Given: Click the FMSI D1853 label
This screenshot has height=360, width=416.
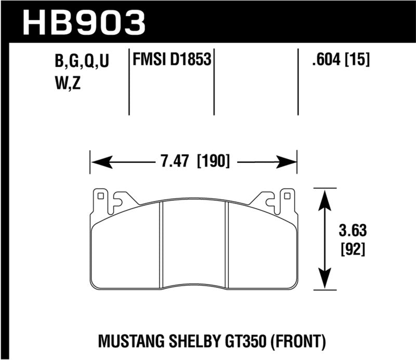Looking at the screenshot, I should click(x=172, y=61).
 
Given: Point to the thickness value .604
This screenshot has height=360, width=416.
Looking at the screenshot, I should click(x=326, y=61).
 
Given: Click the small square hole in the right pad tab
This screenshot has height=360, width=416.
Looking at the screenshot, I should click(x=285, y=197).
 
